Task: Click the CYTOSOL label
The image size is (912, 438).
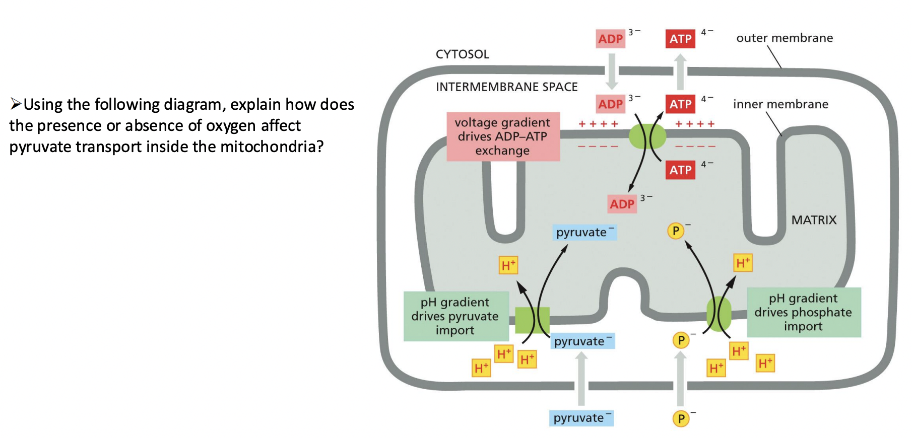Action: (x=462, y=54)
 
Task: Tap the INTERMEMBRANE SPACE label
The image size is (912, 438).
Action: (x=506, y=87)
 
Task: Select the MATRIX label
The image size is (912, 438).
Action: (x=813, y=220)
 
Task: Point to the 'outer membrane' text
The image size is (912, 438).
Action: (x=784, y=38)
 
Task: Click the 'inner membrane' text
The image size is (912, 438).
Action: (x=780, y=104)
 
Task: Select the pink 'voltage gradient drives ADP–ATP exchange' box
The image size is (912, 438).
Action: (x=502, y=136)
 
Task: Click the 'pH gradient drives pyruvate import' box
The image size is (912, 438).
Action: (x=455, y=316)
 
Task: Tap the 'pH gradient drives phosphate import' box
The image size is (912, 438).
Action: (x=803, y=312)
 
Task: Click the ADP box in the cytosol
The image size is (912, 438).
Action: (x=610, y=39)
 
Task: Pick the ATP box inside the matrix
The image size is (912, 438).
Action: (x=680, y=170)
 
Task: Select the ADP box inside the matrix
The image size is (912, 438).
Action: (x=622, y=204)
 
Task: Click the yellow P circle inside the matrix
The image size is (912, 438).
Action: (x=675, y=231)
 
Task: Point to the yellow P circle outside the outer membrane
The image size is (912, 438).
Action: (x=681, y=418)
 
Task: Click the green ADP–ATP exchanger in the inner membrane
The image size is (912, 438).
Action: (x=647, y=136)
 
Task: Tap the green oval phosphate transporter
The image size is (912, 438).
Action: (x=719, y=314)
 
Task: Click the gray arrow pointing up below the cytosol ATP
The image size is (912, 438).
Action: (x=680, y=72)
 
